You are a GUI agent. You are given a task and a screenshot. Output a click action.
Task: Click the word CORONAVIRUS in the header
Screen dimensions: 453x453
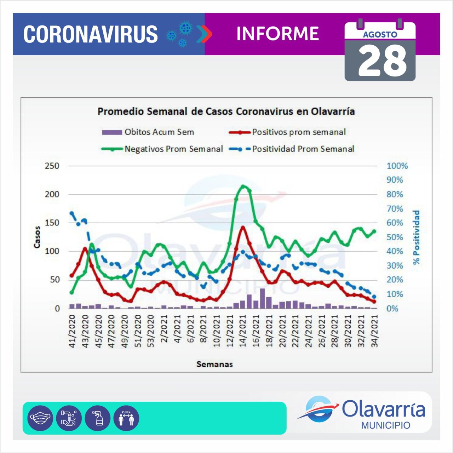point(90,34)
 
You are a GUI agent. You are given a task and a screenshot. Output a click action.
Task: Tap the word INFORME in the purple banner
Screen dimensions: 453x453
point(277,34)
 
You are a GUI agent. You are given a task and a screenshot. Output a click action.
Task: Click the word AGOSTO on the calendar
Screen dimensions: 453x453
point(380,35)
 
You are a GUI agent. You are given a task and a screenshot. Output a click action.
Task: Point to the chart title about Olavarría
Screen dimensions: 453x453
point(226,111)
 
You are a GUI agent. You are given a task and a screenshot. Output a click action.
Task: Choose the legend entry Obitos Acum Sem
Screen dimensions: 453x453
point(159,132)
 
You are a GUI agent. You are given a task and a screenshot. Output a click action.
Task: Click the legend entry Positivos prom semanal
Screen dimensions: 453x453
point(299,132)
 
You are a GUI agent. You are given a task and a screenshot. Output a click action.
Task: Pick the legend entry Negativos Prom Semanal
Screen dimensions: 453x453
point(173,149)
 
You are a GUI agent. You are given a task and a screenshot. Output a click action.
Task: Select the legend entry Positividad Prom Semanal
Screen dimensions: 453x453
point(303,149)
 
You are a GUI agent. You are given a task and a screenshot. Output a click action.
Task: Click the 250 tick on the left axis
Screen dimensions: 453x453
point(52,166)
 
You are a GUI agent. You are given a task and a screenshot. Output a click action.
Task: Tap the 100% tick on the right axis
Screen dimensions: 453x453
point(397,166)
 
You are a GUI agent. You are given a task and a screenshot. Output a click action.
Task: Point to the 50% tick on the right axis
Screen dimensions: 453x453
point(395,237)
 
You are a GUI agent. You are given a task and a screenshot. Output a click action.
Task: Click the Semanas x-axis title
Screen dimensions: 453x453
point(214,364)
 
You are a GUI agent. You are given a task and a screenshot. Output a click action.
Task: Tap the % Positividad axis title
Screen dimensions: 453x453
point(416,237)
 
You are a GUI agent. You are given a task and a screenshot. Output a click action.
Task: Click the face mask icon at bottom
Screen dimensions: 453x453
point(40,418)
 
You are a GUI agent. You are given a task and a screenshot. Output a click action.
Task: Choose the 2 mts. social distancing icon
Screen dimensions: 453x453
point(126,418)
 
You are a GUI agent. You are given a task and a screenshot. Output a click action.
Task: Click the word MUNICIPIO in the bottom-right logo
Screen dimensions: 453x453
point(386,425)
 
